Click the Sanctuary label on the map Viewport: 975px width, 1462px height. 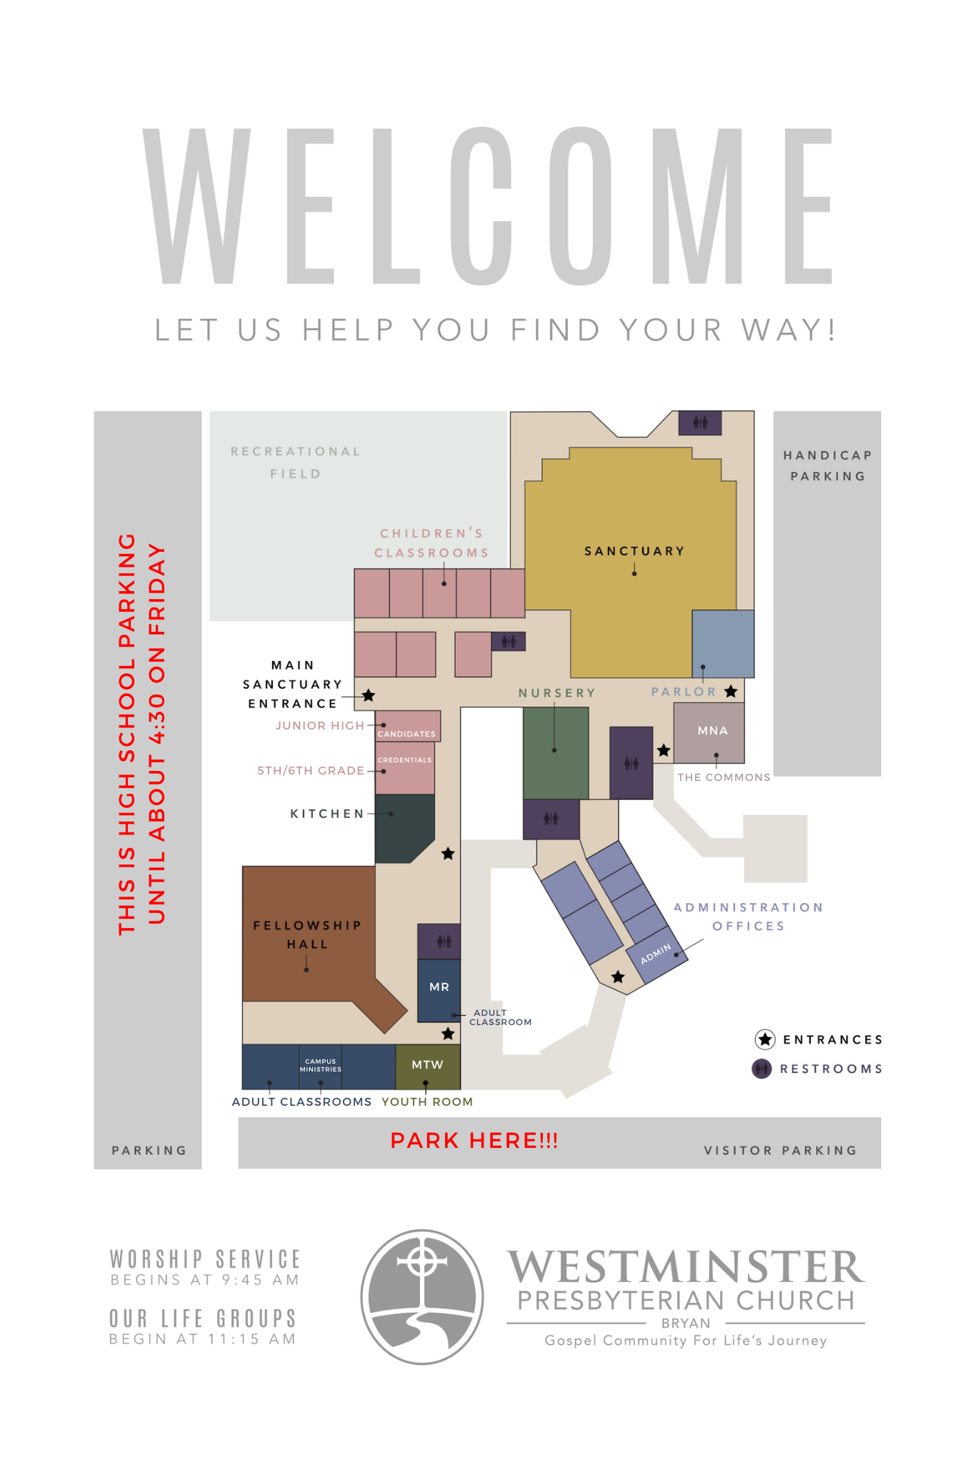point(634,551)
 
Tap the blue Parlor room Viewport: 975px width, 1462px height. point(723,643)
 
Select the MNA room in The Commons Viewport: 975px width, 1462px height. point(709,732)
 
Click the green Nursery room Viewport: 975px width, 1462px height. point(556,753)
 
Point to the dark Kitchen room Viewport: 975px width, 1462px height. point(404,827)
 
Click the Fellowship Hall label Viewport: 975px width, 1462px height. point(307,934)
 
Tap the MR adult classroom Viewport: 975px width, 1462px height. point(439,990)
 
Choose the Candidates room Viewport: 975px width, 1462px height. point(408,726)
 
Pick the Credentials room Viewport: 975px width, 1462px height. point(405,768)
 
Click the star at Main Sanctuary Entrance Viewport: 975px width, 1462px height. point(369,695)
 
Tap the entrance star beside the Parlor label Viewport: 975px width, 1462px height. point(731,691)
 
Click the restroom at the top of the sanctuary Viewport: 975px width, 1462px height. point(700,423)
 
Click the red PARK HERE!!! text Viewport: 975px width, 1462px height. point(474,1141)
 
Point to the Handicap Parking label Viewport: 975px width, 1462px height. point(828,465)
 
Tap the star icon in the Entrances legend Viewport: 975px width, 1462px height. point(765,1039)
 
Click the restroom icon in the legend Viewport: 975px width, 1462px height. point(762,1069)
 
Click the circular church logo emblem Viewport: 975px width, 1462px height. point(422,1296)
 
